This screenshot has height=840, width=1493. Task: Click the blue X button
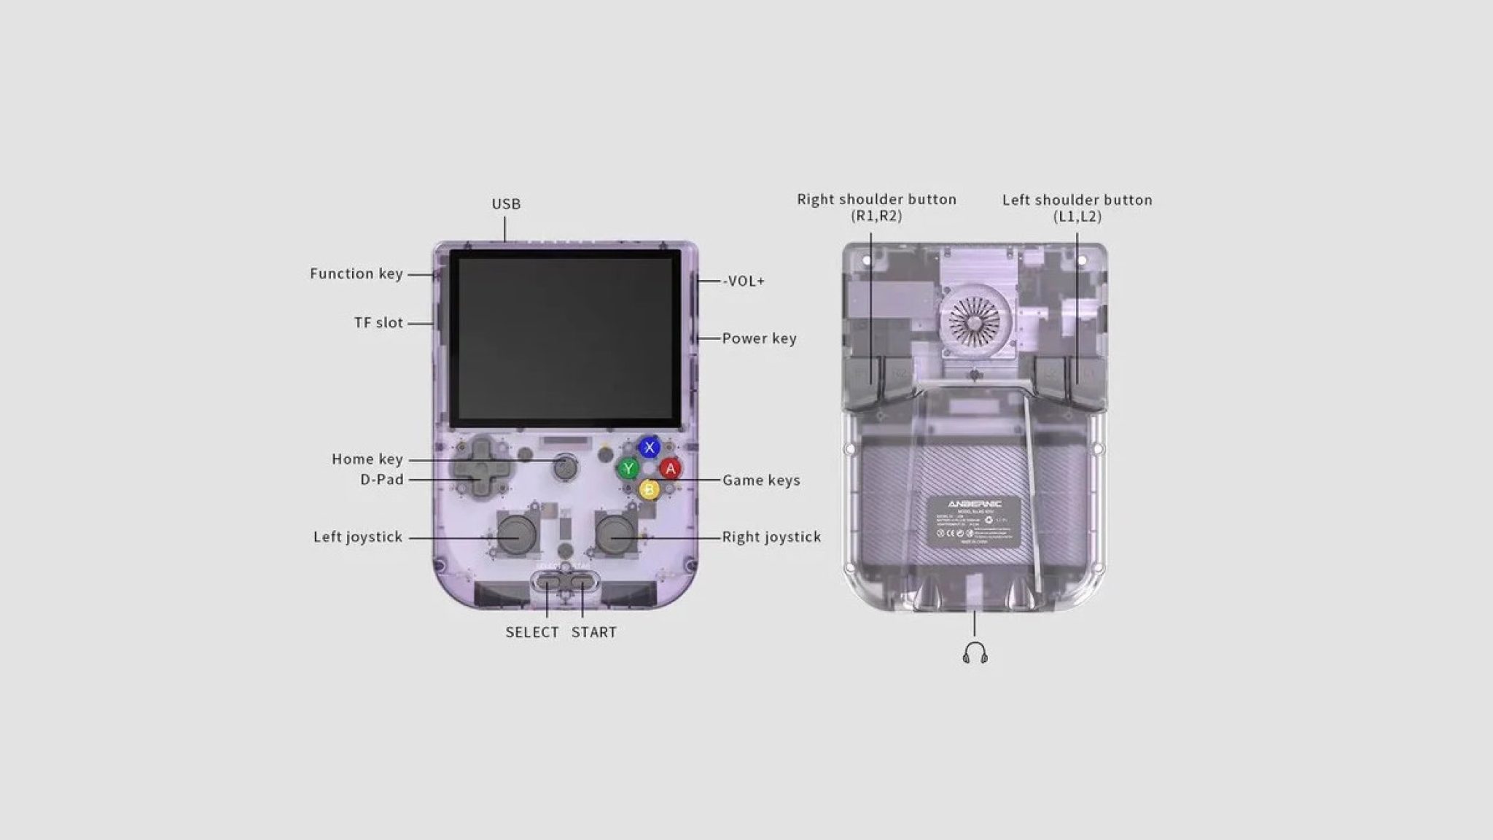[x=650, y=447]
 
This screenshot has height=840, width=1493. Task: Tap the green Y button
[x=628, y=468]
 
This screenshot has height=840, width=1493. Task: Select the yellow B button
[x=649, y=489]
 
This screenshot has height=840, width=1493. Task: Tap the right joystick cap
[x=615, y=534]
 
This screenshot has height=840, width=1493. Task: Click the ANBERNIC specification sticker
[x=975, y=521]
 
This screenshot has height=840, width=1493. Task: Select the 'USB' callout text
[x=506, y=204]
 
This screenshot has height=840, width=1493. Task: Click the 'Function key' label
[x=356, y=274]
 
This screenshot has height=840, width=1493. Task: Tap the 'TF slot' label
[x=378, y=323]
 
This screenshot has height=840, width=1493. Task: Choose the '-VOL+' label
[x=744, y=281]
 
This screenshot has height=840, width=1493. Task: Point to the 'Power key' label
[x=759, y=338]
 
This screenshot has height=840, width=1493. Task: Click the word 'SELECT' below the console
[x=532, y=632]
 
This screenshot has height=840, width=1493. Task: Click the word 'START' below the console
[x=593, y=632]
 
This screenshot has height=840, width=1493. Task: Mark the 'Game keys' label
[x=761, y=480]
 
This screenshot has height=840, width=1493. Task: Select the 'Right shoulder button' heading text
[x=876, y=200]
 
